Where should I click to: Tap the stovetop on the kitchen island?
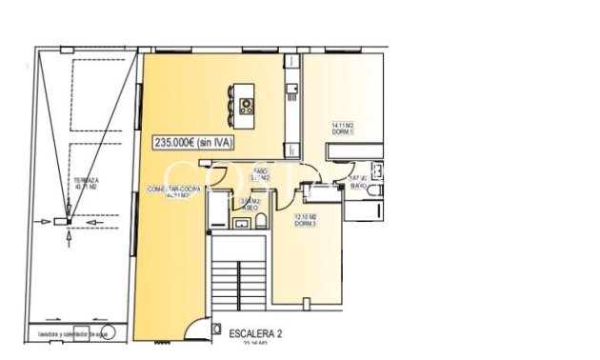247,106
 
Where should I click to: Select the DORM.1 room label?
343,131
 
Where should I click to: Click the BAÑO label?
359,186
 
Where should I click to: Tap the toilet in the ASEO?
259,225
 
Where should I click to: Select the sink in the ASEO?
239,225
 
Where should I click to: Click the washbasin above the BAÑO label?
377,171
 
